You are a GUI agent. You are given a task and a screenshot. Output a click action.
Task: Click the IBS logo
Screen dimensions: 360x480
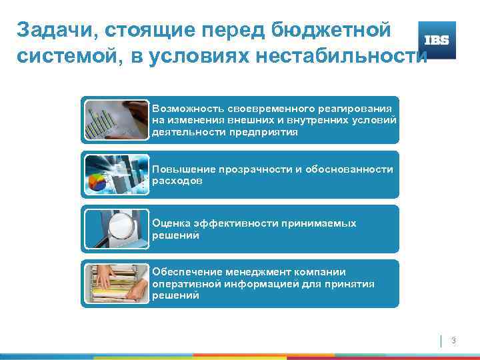coord(436,40)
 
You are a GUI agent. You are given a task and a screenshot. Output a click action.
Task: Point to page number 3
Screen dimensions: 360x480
coord(453,341)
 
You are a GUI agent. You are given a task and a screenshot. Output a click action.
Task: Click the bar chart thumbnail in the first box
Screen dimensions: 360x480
coord(116,119)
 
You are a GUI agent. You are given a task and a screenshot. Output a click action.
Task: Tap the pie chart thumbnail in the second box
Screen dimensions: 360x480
coord(116,174)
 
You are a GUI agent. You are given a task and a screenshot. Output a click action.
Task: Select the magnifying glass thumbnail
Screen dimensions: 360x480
coord(116,229)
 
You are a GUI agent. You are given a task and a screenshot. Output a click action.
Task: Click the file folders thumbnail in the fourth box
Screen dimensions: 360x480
coord(116,283)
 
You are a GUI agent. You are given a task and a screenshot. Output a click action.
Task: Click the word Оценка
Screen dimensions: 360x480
coord(170,224)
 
